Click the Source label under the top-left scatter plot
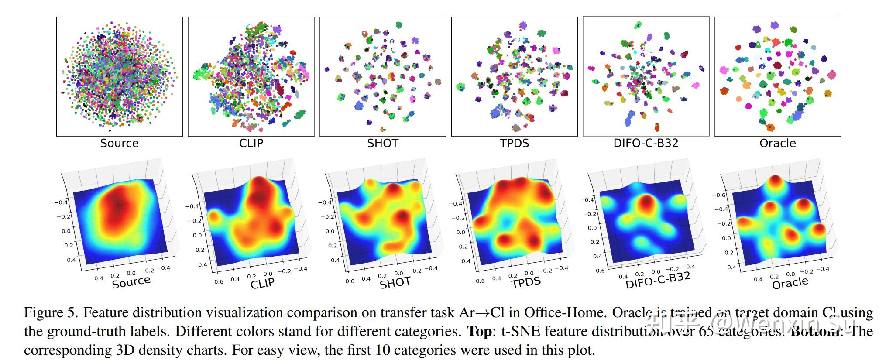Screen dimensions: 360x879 coord(119,143)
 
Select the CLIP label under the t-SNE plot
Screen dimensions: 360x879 coord(251,143)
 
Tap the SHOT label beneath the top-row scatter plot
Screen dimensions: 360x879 coord(382,143)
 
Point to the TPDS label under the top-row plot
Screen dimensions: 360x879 coord(514,143)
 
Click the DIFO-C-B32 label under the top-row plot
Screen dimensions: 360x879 coord(646,143)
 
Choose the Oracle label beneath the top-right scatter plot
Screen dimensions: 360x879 coord(777,143)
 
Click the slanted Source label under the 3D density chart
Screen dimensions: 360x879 coord(131,282)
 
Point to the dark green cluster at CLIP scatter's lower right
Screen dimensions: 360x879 coord(300,115)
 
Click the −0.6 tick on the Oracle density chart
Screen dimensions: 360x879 coord(719,195)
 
